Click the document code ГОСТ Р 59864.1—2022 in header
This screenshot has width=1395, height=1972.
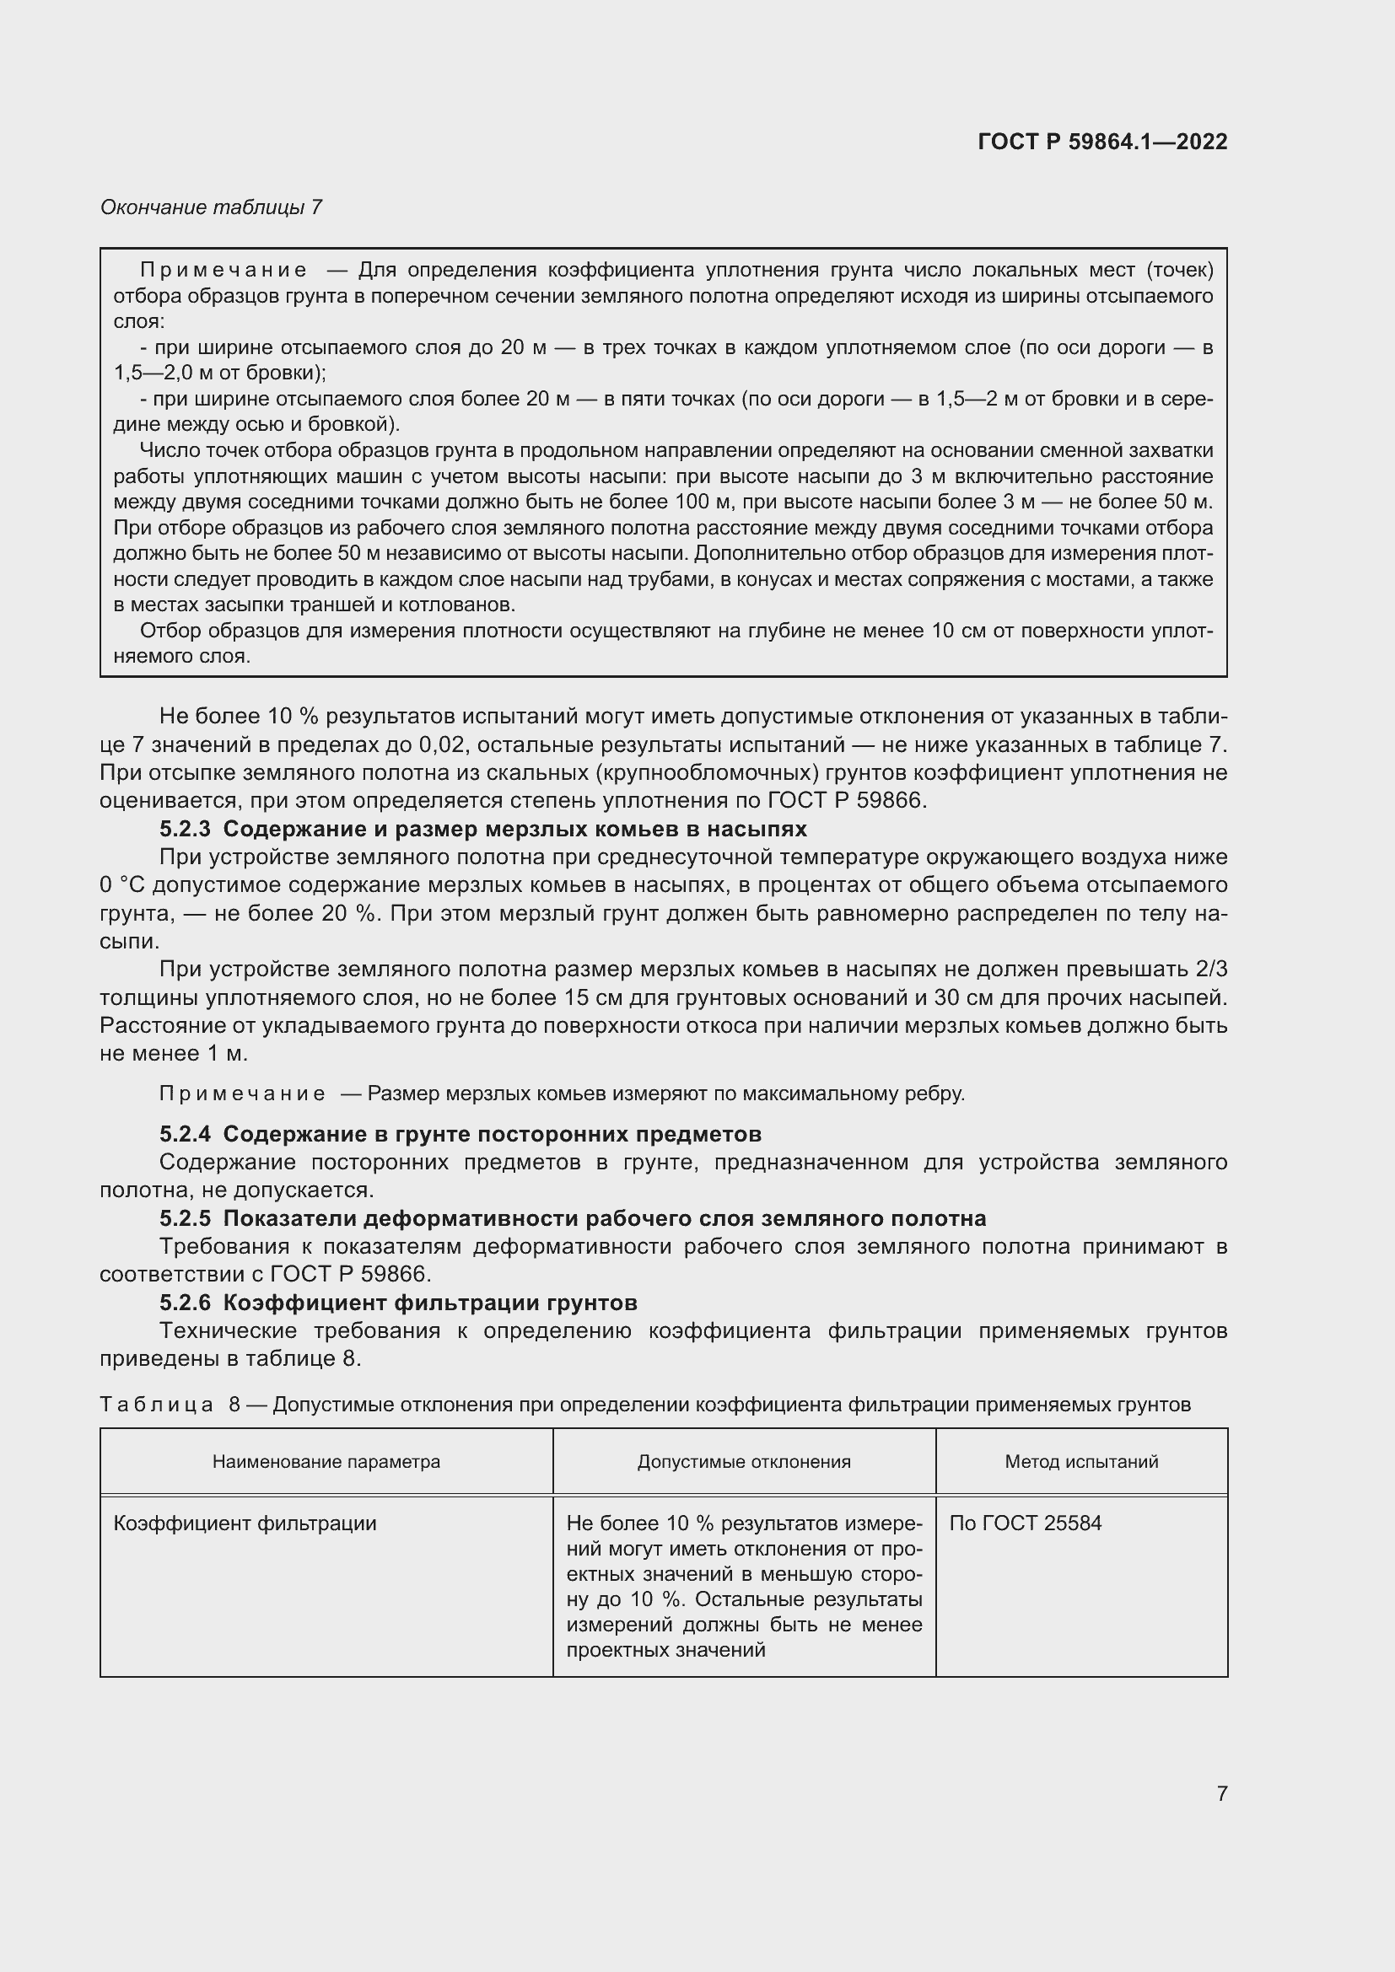point(1102,142)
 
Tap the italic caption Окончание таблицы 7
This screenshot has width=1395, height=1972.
point(212,207)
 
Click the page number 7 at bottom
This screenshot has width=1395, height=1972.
point(1221,1793)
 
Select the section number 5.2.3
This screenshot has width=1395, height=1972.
point(185,829)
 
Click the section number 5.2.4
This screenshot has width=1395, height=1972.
point(185,1135)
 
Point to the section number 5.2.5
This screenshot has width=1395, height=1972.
point(185,1219)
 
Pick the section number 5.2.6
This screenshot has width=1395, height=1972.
point(185,1303)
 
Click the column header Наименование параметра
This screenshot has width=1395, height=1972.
point(326,1462)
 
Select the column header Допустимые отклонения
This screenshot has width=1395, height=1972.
point(744,1462)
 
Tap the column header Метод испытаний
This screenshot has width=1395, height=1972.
point(1081,1462)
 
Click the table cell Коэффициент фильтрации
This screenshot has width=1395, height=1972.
point(245,1523)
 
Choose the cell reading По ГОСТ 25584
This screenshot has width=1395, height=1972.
point(1026,1523)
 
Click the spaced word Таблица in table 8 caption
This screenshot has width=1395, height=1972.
point(156,1405)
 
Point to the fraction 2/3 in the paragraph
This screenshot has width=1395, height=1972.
point(1210,970)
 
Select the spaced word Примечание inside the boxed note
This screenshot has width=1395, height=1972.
point(224,271)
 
